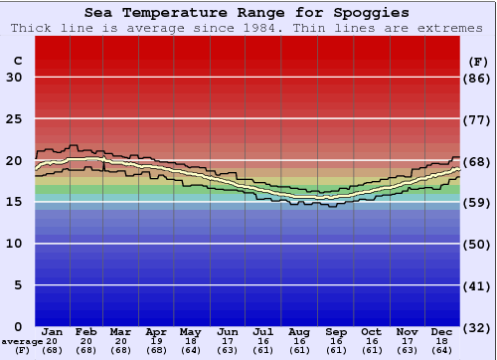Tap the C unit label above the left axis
[18, 61]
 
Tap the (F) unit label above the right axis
[477, 61]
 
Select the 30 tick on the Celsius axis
[14, 78]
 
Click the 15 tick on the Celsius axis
[14, 202]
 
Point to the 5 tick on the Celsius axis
[18, 285]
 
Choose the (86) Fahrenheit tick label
[478, 78]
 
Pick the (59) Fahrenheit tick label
[478, 202]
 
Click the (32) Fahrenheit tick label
[478, 327]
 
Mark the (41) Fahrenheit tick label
[478, 285]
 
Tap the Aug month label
[299, 331]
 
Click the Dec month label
[442, 331]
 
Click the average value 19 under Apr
[157, 340]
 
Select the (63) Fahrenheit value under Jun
[228, 349]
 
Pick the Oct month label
[371, 331]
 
